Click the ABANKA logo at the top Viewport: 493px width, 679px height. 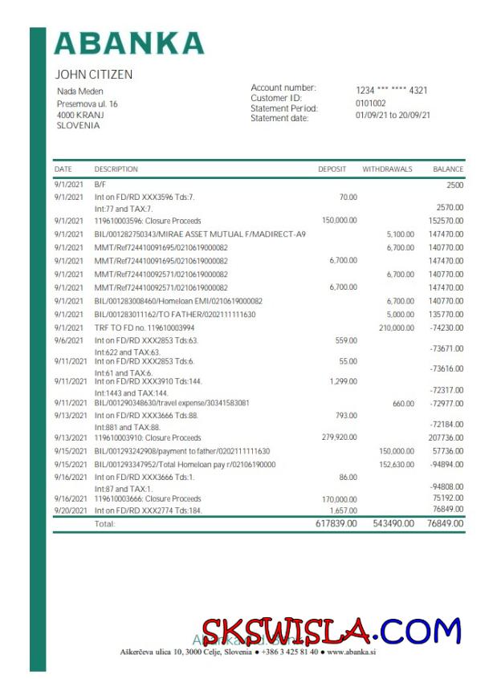point(129,43)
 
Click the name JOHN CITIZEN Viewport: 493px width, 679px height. point(94,75)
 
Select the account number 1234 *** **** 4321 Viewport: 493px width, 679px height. point(391,91)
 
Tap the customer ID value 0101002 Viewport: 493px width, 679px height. point(370,104)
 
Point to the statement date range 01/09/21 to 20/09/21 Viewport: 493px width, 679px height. point(393,116)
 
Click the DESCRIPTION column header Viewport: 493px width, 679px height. point(116,169)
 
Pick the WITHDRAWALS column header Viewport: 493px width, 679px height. point(387,169)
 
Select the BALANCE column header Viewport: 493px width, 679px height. point(448,169)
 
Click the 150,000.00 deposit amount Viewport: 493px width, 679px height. point(339,221)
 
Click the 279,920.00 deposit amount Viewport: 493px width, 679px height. point(339,437)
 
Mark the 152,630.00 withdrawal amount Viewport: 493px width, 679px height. point(397,465)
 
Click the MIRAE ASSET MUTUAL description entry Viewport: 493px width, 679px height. point(200,234)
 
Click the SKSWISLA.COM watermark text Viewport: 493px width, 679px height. point(331,632)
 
